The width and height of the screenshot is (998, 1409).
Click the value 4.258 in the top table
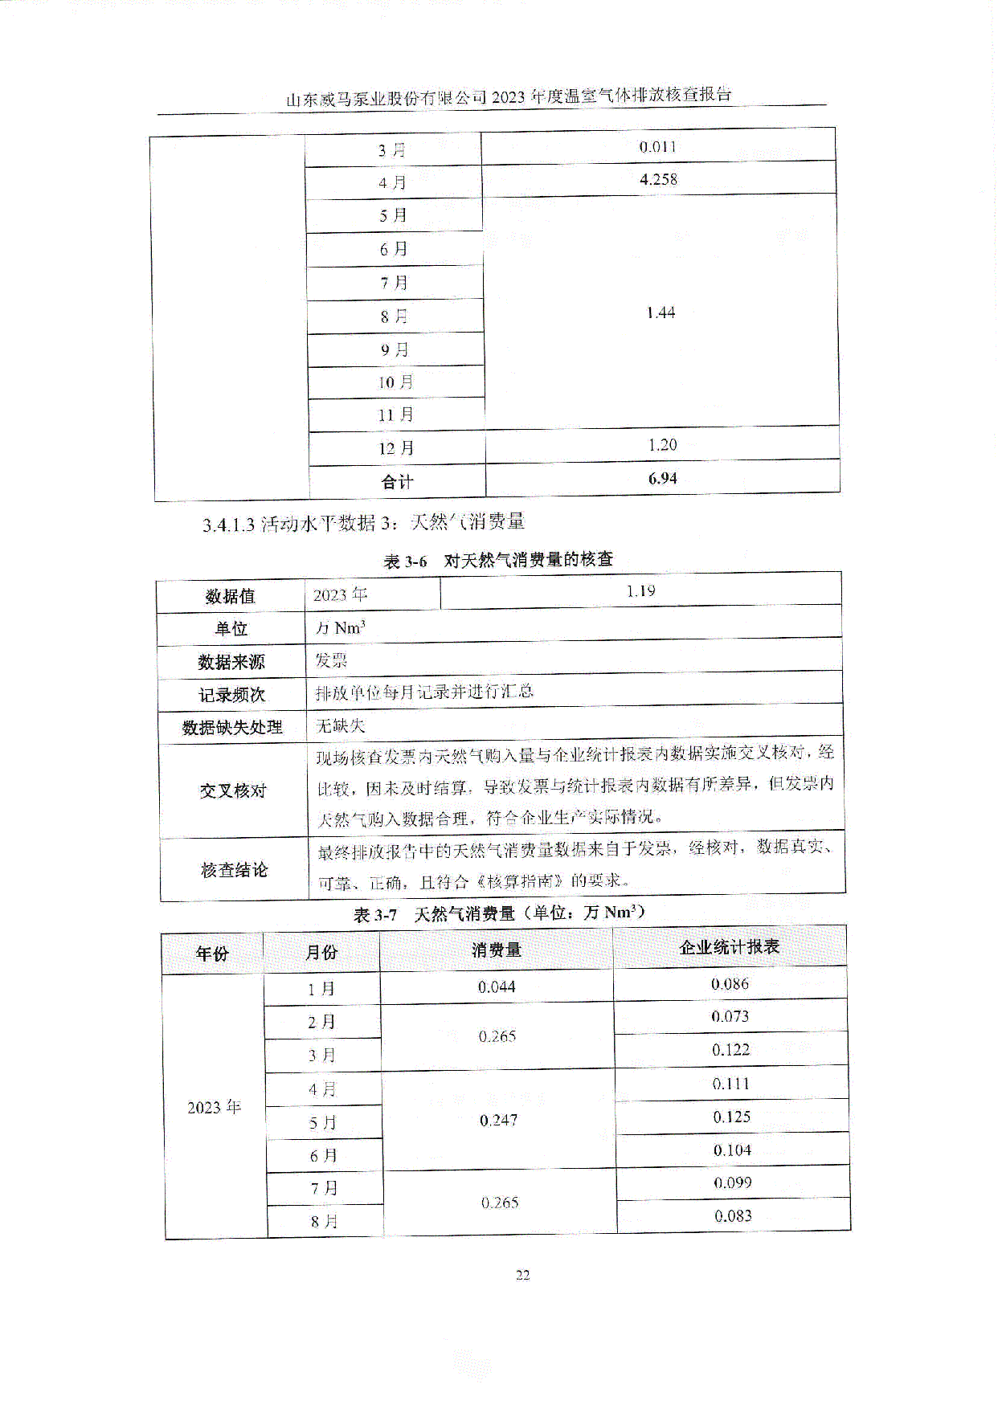click(x=658, y=179)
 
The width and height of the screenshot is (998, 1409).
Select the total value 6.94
click(x=662, y=479)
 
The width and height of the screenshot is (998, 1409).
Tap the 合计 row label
click(x=397, y=482)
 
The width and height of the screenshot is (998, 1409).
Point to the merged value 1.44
click(x=661, y=312)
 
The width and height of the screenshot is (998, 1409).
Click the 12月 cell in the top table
click(x=396, y=448)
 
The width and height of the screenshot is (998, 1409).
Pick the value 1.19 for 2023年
click(x=640, y=591)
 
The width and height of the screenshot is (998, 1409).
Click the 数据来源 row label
click(x=231, y=662)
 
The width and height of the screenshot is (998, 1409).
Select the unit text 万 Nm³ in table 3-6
click(x=341, y=628)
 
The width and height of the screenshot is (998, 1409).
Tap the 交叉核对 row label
click(x=233, y=790)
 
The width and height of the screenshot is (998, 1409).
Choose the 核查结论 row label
click(x=234, y=870)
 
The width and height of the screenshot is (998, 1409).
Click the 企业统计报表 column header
click(x=730, y=947)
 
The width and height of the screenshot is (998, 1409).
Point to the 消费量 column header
click(x=496, y=950)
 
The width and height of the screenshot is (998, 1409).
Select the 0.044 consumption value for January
click(x=497, y=986)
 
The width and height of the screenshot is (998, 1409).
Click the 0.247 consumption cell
click(x=498, y=1120)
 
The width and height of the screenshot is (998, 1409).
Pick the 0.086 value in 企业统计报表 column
click(x=730, y=983)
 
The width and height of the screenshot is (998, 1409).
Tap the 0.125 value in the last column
click(x=731, y=1117)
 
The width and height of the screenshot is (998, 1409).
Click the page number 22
click(x=522, y=1275)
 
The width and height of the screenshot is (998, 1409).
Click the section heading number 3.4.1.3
click(x=228, y=525)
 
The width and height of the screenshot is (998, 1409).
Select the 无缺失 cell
click(x=340, y=725)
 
